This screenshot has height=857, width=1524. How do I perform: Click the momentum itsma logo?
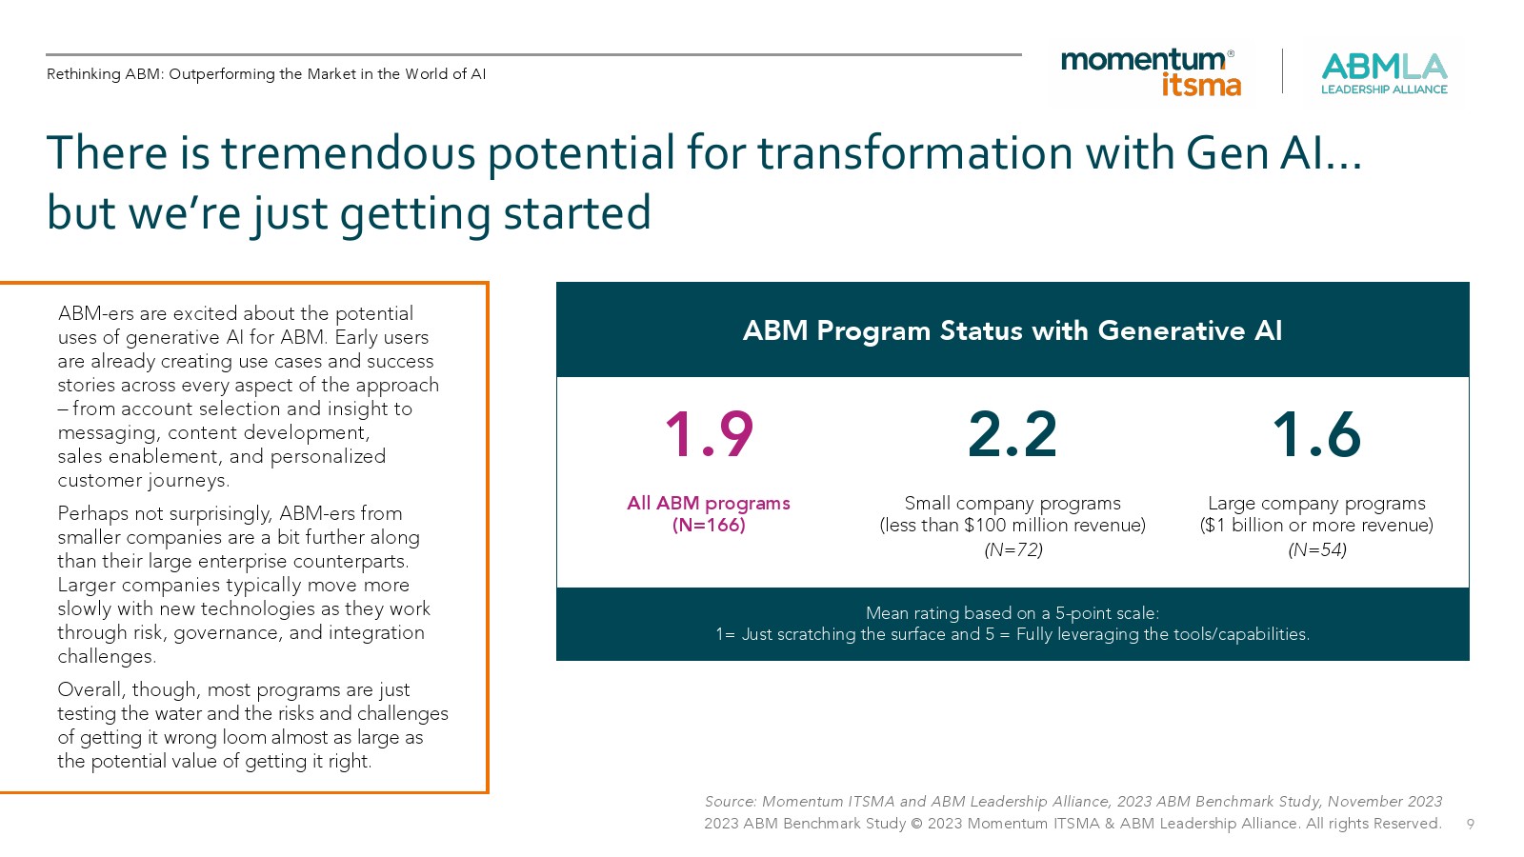(1151, 71)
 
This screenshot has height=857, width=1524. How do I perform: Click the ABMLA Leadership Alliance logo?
(1384, 73)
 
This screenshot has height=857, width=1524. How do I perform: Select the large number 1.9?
(709, 434)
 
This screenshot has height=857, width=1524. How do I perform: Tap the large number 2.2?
(1013, 434)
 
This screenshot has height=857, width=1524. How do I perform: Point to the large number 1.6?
(1315, 434)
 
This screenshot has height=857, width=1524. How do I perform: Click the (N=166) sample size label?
(709, 525)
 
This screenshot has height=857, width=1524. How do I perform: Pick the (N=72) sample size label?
(1013, 549)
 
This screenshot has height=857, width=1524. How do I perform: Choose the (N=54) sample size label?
(1317, 549)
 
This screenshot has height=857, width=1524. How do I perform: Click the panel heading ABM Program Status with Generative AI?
(1013, 330)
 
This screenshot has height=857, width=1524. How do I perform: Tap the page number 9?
(1471, 825)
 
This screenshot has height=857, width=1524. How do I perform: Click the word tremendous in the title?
(348, 152)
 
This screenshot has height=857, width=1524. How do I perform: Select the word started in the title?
(577, 212)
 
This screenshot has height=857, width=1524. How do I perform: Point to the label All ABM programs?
(709, 504)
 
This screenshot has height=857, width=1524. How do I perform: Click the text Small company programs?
(1013, 504)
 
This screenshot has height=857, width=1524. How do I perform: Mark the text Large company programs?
(1316, 504)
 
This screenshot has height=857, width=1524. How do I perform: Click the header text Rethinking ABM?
(106, 74)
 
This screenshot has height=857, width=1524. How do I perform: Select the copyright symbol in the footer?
(915, 824)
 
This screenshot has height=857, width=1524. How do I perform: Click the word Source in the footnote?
(731, 801)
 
